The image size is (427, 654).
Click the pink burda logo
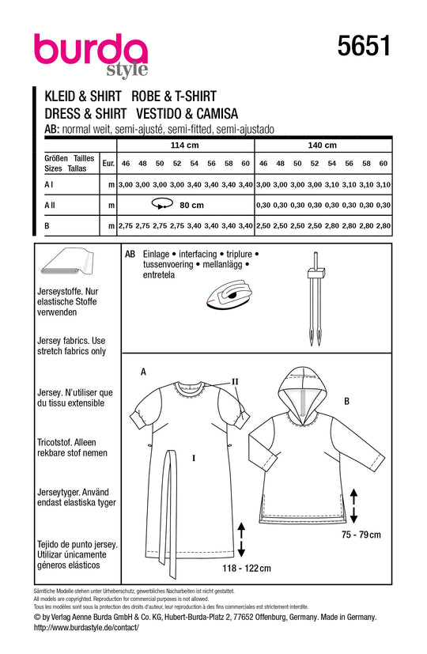(91, 54)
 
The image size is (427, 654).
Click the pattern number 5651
(364, 45)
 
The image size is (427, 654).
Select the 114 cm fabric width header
(185, 146)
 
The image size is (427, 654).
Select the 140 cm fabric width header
(323, 146)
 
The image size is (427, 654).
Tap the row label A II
(50, 205)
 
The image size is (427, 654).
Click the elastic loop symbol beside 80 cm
(163, 204)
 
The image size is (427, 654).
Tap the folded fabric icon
(67, 263)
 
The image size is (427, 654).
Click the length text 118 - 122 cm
(247, 568)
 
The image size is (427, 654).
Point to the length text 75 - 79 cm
(361, 535)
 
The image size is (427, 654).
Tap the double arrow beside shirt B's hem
(353, 506)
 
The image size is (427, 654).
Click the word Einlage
(156, 254)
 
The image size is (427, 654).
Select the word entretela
(159, 275)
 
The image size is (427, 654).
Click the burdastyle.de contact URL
(86, 627)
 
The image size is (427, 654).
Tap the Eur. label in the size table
(108, 164)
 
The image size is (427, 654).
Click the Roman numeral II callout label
(235, 382)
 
